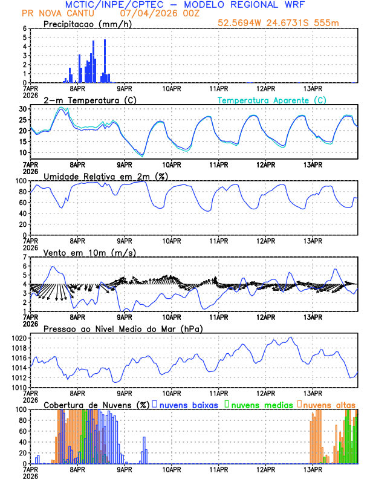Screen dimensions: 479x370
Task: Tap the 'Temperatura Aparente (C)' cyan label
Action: [x=271, y=100]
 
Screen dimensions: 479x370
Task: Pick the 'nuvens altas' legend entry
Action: [x=329, y=404]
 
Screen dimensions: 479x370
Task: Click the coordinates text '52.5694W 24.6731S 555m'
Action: [x=287, y=24]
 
